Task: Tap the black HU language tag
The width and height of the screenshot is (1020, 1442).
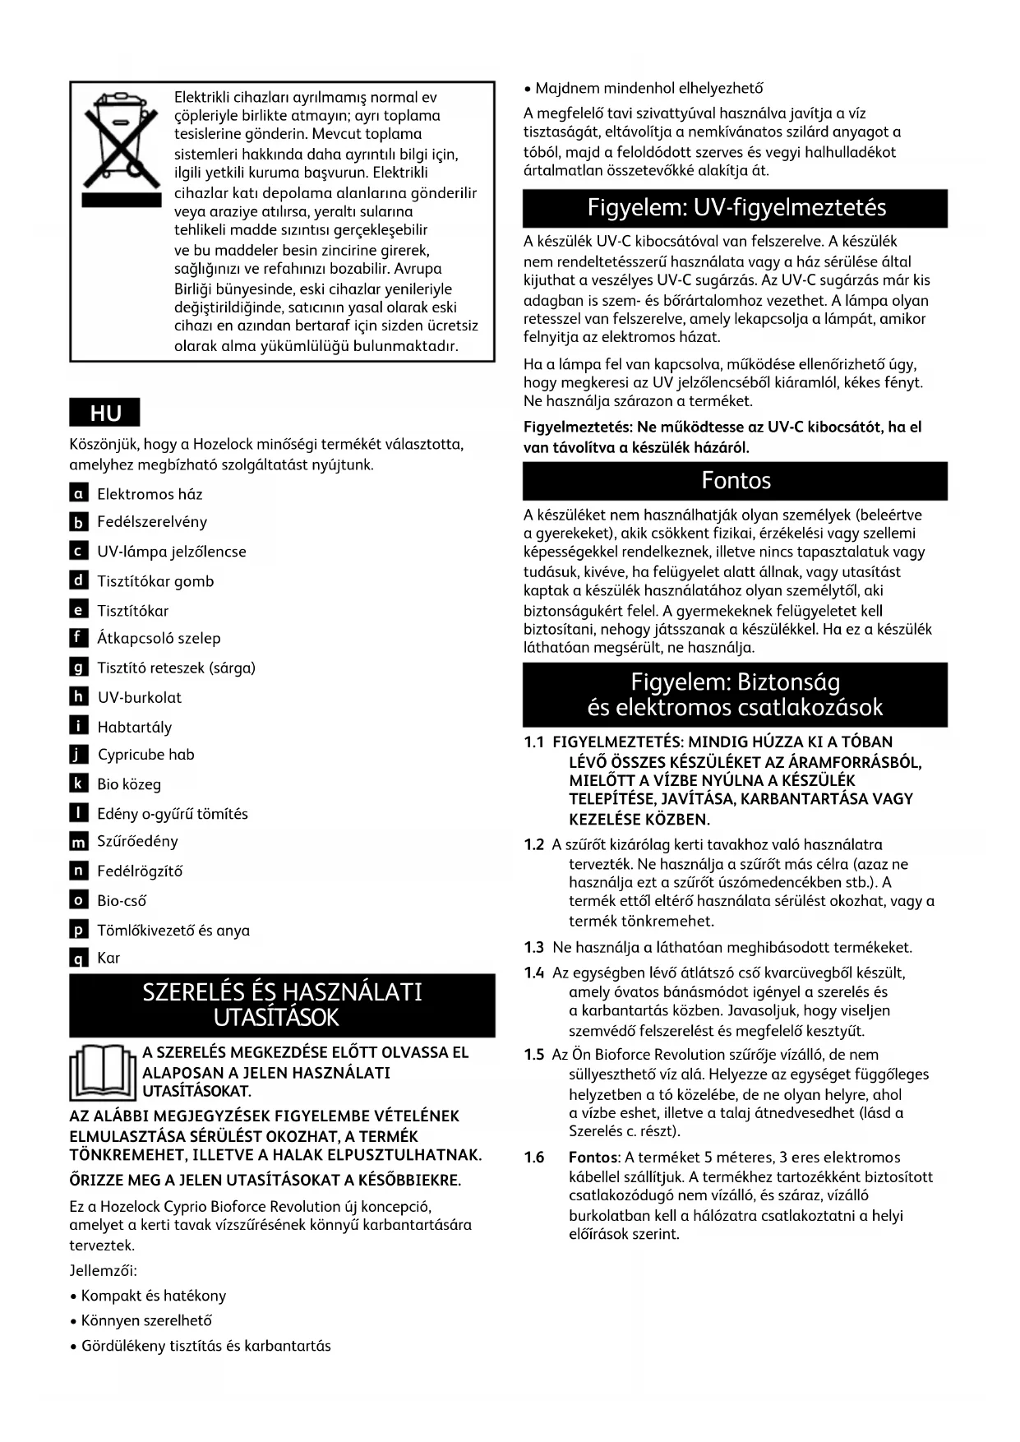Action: [105, 414]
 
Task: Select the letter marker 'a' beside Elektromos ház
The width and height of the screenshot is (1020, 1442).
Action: [79, 493]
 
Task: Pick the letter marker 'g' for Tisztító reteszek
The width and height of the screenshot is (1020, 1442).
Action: [79, 668]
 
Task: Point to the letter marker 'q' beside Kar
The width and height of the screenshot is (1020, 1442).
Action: [79, 958]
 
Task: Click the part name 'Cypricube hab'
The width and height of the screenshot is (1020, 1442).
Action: [145, 755]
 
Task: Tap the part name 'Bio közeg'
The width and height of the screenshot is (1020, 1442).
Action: [129, 784]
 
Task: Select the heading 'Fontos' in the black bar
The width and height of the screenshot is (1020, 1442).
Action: [736, 480]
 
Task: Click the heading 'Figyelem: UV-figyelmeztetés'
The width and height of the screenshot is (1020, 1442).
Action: [736, 207]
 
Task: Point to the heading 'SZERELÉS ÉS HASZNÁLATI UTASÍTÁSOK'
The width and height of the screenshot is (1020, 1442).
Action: [282, 1004]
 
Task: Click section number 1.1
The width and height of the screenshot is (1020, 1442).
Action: [534, 742]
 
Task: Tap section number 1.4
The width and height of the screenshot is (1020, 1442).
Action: [534, 973]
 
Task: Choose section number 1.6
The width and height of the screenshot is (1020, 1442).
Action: [534, 1158]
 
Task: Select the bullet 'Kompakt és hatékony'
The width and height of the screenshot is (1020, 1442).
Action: [153, 1296]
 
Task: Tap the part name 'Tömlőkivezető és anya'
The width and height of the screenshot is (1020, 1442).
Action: [173, 931]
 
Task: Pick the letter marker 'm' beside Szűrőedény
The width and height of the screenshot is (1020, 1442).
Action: [79, 842]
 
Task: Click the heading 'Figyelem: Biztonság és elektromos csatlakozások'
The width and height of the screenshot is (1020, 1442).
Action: [736, 695]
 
